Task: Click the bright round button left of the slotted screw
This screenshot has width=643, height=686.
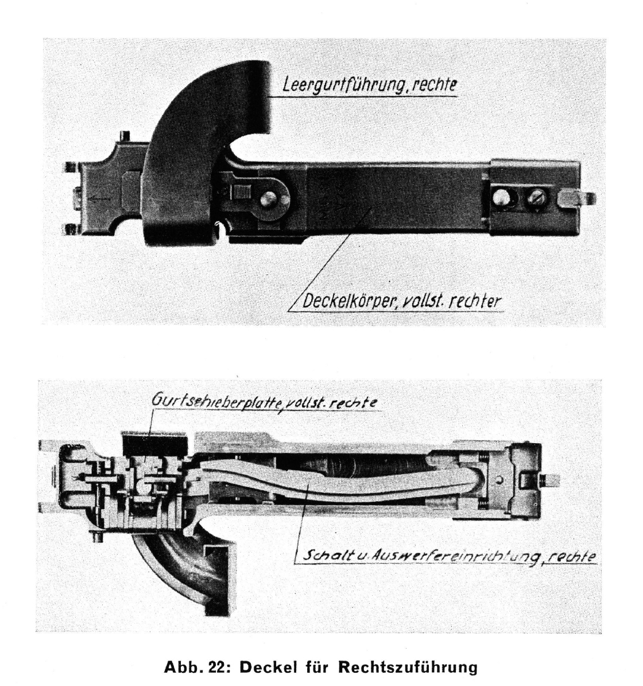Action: click(x=501, y=198)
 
